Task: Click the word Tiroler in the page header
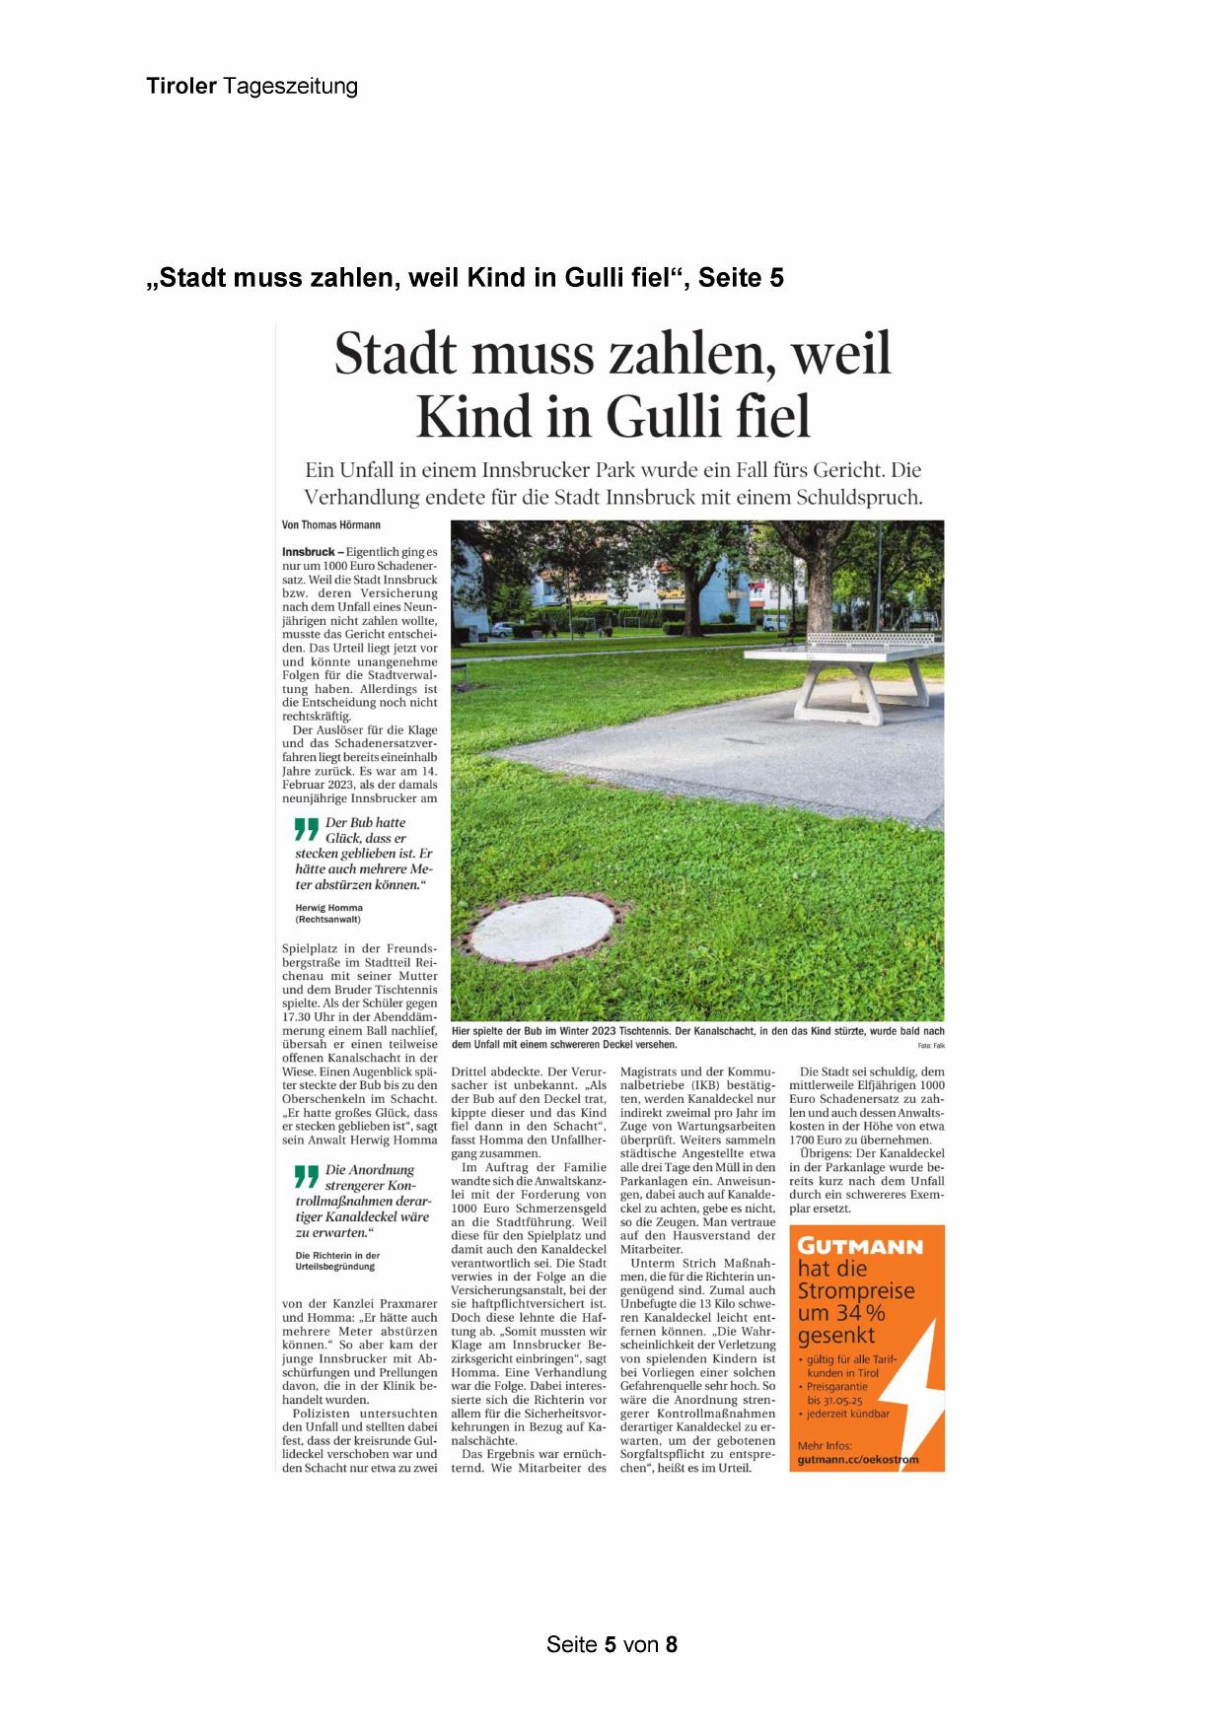click(181, 86)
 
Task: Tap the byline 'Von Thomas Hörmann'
click(331, 525)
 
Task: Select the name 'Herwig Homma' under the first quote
click(328, 908)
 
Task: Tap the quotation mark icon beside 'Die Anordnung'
click(307, 1176)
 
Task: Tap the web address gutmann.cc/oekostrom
click(857, 1459)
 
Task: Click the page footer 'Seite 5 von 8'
click(612, 1644)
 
